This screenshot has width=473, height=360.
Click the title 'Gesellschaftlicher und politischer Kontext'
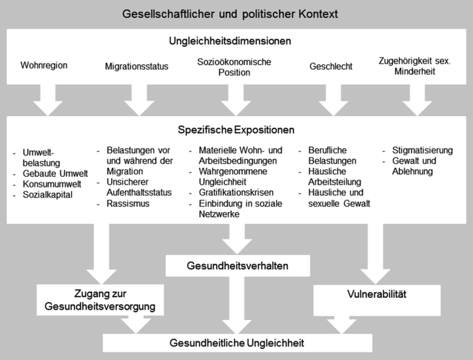pos(235,14)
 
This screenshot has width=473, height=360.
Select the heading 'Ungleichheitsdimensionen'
pos(236,41)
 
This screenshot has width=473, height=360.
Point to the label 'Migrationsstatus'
pos(136,67)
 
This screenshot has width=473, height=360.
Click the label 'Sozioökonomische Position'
pos(234,67)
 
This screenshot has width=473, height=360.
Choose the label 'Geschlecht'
pos(331,67)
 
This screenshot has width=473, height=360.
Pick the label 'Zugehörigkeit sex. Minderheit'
pos(416,66)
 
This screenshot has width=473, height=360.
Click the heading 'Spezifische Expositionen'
pos(236,129)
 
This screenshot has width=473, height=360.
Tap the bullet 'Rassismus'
pos(129,204)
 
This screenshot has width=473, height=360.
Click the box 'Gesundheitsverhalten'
pos(236,265)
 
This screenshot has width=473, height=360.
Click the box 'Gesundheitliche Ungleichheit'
pos(237,342)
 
